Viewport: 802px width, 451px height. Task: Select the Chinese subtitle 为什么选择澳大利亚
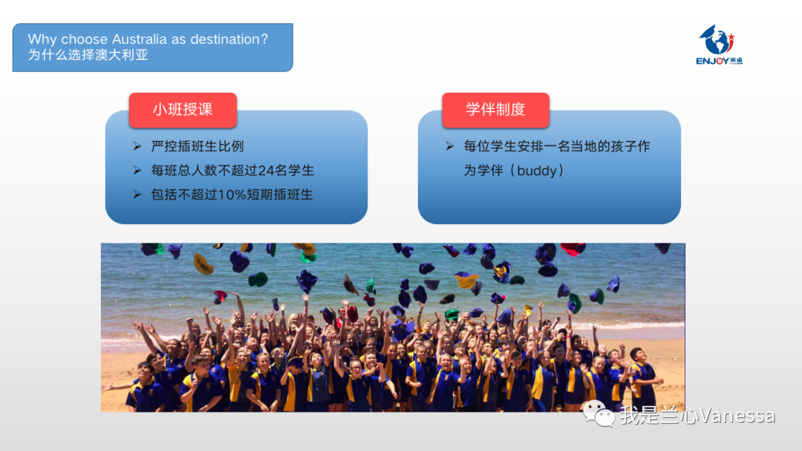[x=88, y=55]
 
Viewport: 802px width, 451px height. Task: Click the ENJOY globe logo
[x=719, y=45]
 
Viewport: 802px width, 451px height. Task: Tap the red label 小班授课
[x=183, y=110]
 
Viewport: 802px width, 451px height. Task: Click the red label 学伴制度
[x=495, y=110]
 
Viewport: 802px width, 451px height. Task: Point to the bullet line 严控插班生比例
[x=198, y=147]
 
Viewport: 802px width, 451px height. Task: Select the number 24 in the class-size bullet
[x=266, y=171]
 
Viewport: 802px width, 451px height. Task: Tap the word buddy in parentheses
[x=537, y=171]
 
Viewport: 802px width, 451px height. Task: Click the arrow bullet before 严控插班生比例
[x=137, y=147]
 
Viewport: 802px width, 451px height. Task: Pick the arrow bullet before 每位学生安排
[x=450, y=147]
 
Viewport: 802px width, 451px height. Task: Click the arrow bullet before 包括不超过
[x=137, y=194]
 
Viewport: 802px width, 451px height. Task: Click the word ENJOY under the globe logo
[x=712, y=62]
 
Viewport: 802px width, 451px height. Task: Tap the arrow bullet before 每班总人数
[x=137, y=171]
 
